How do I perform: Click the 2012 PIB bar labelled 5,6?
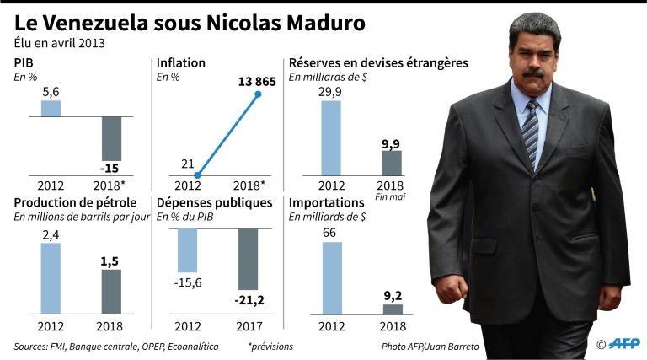point(51,108)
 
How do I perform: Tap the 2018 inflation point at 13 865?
point(259,94)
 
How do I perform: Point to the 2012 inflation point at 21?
point(196,175)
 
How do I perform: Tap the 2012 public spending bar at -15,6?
point(187,250)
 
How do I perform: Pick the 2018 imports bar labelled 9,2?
point(393,309)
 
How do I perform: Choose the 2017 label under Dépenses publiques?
point(249,325)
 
